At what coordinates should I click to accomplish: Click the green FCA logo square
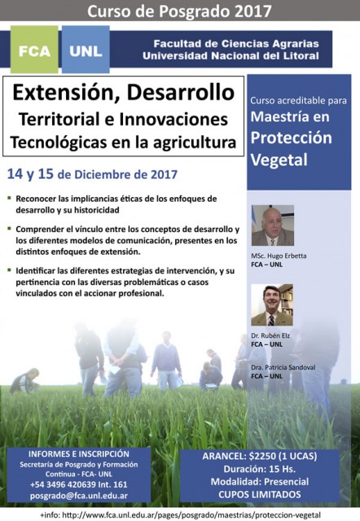(x=34, y=49)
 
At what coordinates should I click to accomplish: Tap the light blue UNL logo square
(x=86, y=49)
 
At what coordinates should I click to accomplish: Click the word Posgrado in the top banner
(x=195, y=11)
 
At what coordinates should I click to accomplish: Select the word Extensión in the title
(x=67, y=92)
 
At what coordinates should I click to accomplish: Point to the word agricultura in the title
(x=195, y=143)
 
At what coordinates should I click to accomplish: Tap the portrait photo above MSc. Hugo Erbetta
(x=273, y=225)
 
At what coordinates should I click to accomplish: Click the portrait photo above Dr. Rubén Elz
(x=272, y=305)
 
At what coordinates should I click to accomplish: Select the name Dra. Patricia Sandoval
(x=283, y=367)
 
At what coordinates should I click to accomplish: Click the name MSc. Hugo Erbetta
(x=279, y=256)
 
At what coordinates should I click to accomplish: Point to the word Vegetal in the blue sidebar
(x=279, y=160)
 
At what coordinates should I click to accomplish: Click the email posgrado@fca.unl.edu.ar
(x=79, y=496)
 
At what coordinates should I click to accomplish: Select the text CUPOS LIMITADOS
(x=260, y=494)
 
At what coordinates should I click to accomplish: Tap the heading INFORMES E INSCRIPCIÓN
(x=79, y=454)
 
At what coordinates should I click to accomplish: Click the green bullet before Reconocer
(x=9, y=198)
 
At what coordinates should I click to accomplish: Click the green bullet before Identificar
(x=9, y=270)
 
